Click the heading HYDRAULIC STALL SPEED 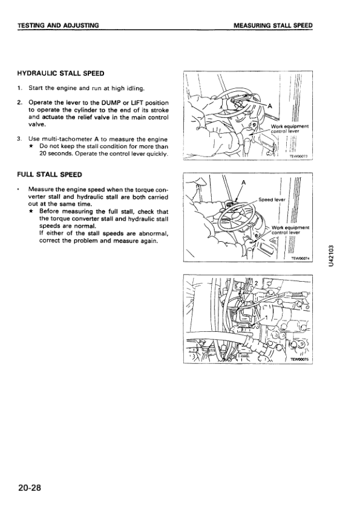(61, 73)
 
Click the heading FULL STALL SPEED (50, 175)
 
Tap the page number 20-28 (30, 488)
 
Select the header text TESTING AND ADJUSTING (58, 25)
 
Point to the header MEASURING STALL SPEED (273, 25)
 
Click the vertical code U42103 (331, 256)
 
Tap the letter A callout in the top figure (269, 106)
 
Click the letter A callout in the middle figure (243, 183)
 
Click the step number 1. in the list (20, 88)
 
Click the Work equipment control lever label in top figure (289, 129)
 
